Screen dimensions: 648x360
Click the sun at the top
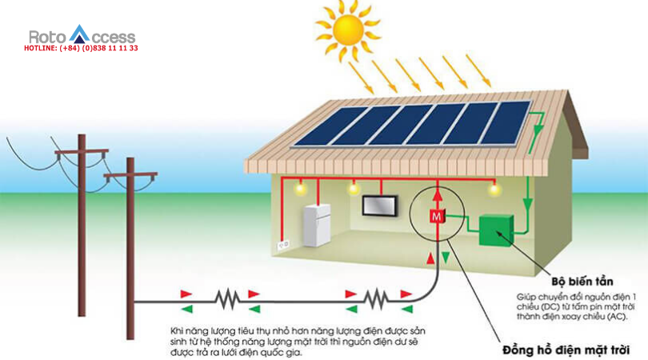coord(347,30)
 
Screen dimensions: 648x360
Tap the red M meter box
coord(437,216)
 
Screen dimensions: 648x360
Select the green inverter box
coord(496,230)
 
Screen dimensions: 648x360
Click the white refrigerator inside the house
coord(317,226)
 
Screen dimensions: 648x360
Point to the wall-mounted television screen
coord(380,206)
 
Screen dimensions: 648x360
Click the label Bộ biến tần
coord(582,282)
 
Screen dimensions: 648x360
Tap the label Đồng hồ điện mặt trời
coord(566,350)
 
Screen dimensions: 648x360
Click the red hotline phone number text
coord(81,48)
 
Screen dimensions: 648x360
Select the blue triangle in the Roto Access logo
coord(79,34)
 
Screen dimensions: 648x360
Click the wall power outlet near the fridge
coord(283,245)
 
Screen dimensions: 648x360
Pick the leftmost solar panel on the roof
coord(330,126)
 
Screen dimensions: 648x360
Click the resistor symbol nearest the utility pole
coord(227,299)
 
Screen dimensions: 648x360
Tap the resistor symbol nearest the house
coord(376,299)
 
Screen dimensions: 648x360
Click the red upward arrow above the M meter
coord(438,195)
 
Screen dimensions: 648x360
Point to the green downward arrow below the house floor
coord(446,258)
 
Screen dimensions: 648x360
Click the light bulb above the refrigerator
coord(300,189)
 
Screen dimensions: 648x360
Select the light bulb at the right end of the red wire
coord(494,190)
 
